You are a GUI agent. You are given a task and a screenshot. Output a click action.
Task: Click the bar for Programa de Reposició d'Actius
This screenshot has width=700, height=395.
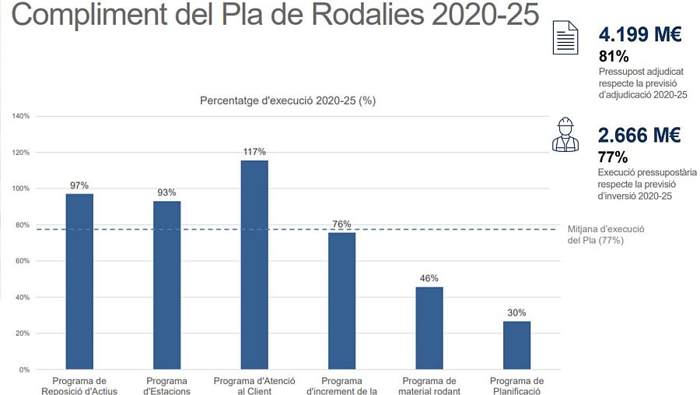click(79, 281)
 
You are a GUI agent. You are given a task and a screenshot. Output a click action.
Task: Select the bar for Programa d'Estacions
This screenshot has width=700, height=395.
click(166, 285)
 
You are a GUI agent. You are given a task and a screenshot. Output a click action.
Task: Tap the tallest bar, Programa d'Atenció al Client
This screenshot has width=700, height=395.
click(254, 265)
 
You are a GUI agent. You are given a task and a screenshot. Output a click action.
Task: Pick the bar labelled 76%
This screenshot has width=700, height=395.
click(341, 301)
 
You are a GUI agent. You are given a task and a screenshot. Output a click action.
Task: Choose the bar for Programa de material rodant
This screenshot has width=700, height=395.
click(429, 328)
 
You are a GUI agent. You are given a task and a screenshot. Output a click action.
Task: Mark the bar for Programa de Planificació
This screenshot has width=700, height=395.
click(516, 345)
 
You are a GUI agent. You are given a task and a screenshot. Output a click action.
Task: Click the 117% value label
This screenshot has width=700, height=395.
click(254, 152)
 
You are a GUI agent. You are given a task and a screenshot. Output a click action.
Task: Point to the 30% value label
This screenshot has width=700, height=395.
click(516, 312)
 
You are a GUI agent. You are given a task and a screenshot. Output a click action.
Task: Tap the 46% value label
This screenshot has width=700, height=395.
click(429, 278)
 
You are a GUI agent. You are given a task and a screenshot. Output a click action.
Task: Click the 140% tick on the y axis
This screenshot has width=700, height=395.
click(21, 116)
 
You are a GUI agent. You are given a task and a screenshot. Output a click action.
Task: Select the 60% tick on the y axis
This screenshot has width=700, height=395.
click(23, 261)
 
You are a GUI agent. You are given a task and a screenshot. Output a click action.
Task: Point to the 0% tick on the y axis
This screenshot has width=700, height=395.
click(25, 369)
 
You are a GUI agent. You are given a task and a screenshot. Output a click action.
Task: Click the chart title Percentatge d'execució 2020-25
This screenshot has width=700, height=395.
click(288, 101)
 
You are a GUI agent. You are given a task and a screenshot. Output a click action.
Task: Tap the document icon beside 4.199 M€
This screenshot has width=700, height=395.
click(565, 37)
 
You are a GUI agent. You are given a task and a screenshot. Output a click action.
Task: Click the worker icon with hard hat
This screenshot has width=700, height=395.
click(565, 135)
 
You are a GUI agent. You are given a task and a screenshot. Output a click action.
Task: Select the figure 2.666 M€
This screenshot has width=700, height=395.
click(639, 135)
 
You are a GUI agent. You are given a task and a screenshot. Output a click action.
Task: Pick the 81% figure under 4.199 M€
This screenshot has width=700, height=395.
click(614, 56)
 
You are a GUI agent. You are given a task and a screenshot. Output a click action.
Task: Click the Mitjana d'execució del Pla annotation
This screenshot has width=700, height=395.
click(606, 235)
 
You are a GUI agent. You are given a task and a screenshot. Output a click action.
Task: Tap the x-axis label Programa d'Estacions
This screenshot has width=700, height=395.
click(166, 386)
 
